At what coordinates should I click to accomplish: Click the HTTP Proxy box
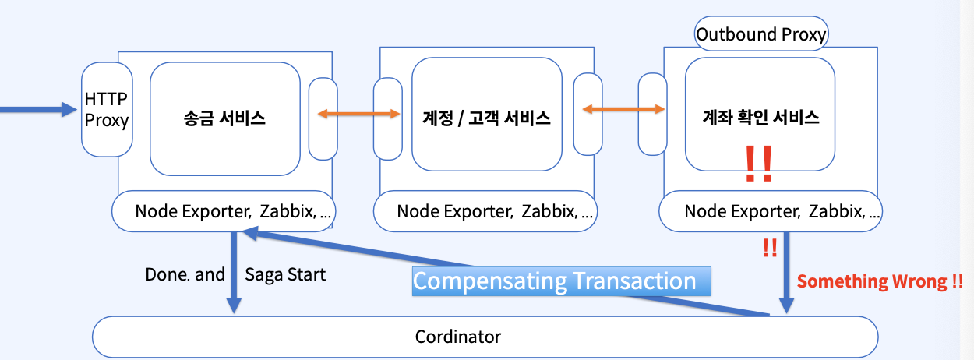(x=107, y=109)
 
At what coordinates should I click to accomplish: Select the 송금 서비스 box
(x=225, y=118)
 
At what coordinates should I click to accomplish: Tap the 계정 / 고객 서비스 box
(x=487, y=118)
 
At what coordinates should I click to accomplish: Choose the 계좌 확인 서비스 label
(x=760, y=118)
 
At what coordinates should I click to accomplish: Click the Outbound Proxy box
(x=760, y=34)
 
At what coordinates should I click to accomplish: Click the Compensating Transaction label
(x=554, y=281)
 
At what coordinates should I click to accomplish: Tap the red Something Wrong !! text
(x=880, y=281)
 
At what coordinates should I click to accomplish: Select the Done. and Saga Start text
(x=235, y=274)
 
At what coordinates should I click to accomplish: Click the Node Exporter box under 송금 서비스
(x=224, y=211)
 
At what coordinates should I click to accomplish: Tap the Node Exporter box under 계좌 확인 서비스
(x=771, y=211)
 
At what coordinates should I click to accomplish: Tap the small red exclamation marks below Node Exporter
(x=770, y=248)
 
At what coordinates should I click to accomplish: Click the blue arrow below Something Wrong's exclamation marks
(x=786, y=273)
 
